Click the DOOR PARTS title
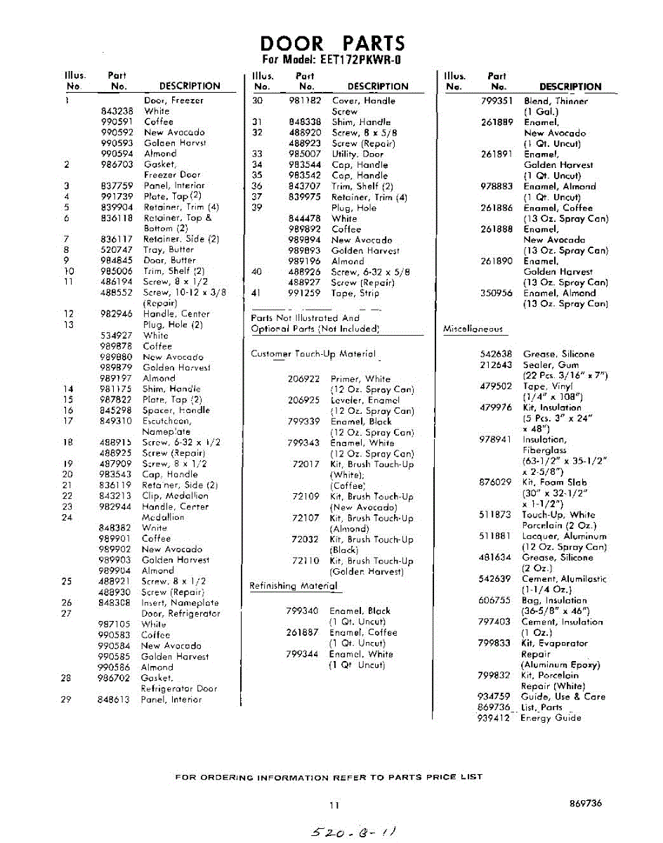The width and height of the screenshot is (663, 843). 332,44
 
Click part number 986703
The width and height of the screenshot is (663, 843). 117,164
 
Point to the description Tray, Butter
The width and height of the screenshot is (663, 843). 169,249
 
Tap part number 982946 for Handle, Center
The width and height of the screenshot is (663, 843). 117,314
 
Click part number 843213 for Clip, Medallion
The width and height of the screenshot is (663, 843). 116,496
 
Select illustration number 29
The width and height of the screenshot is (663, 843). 67,700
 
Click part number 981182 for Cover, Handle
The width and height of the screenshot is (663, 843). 305,100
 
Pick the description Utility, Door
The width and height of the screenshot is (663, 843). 357,154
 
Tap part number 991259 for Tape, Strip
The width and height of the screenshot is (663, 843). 305,293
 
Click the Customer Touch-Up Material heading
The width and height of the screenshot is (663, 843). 313,354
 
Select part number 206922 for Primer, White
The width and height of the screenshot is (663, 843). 304,379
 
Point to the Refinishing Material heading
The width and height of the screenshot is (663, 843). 294,586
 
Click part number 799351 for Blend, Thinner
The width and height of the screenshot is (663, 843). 497,100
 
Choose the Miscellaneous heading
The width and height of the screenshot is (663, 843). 473,329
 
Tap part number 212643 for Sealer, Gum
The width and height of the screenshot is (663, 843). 496,365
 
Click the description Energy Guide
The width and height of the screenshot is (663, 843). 551,718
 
